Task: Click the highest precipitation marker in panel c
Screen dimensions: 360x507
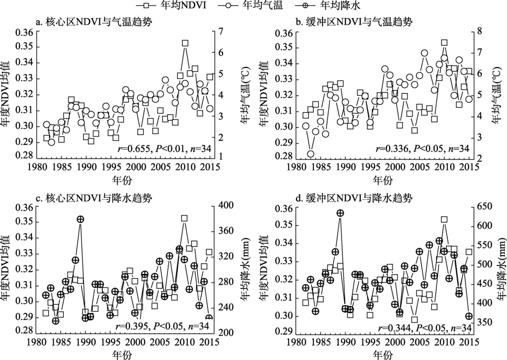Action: (x=80, y=219)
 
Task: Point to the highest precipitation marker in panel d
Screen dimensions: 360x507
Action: (x=340, y=213)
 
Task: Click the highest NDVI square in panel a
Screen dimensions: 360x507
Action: (x=185, y=44)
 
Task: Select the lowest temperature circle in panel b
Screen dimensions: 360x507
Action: (x=311, y=154)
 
